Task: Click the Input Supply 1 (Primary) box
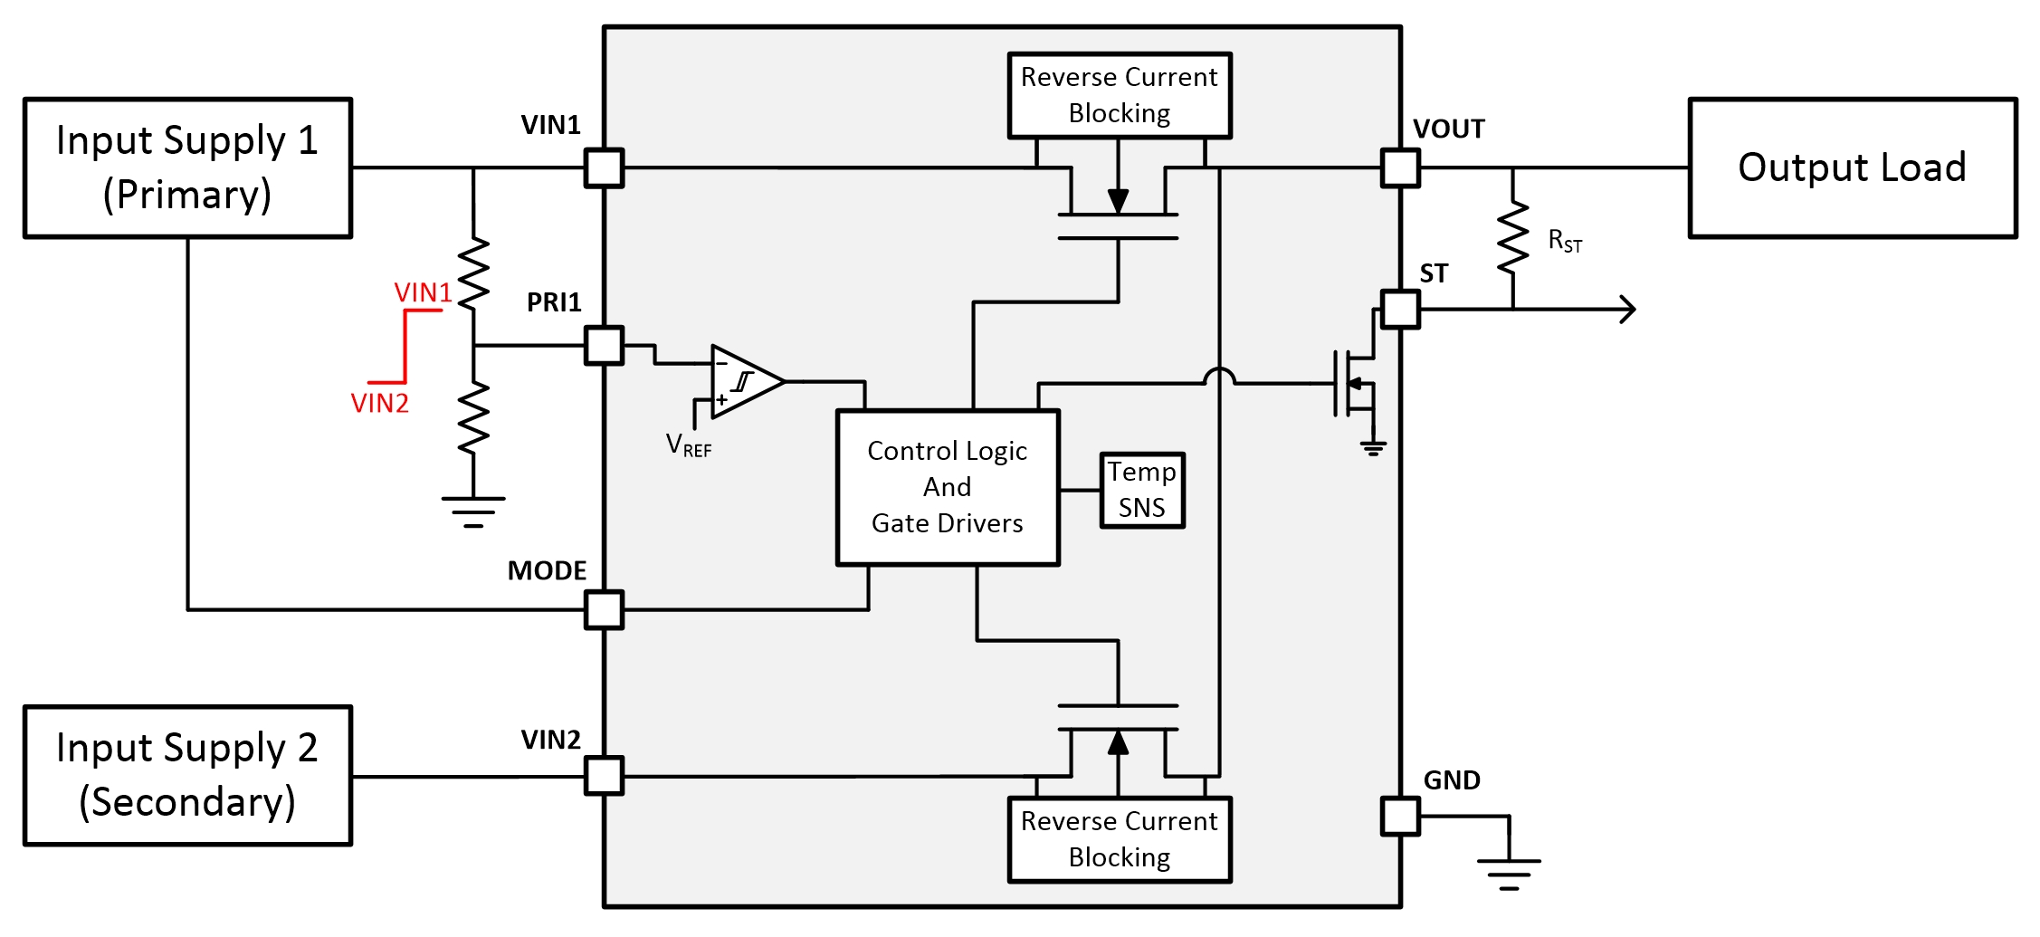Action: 187,167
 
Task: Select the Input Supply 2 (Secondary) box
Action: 187,776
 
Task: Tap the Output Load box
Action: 1852,167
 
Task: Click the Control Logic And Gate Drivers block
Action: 948,488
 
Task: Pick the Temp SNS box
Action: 1142,490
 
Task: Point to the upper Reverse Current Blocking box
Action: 1120,95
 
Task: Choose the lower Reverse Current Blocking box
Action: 1120,839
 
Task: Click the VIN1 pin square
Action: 604,167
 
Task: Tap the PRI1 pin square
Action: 604,345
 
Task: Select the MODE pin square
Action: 604,609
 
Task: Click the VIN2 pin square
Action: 604,776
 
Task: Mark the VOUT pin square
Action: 1400,167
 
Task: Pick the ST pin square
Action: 1400,309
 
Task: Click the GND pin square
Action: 1400,816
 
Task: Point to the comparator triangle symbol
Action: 745,381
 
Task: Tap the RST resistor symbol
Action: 1512,238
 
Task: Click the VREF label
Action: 688,445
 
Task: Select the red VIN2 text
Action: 379,403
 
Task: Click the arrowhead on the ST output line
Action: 1628,310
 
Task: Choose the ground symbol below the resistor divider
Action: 473,512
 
